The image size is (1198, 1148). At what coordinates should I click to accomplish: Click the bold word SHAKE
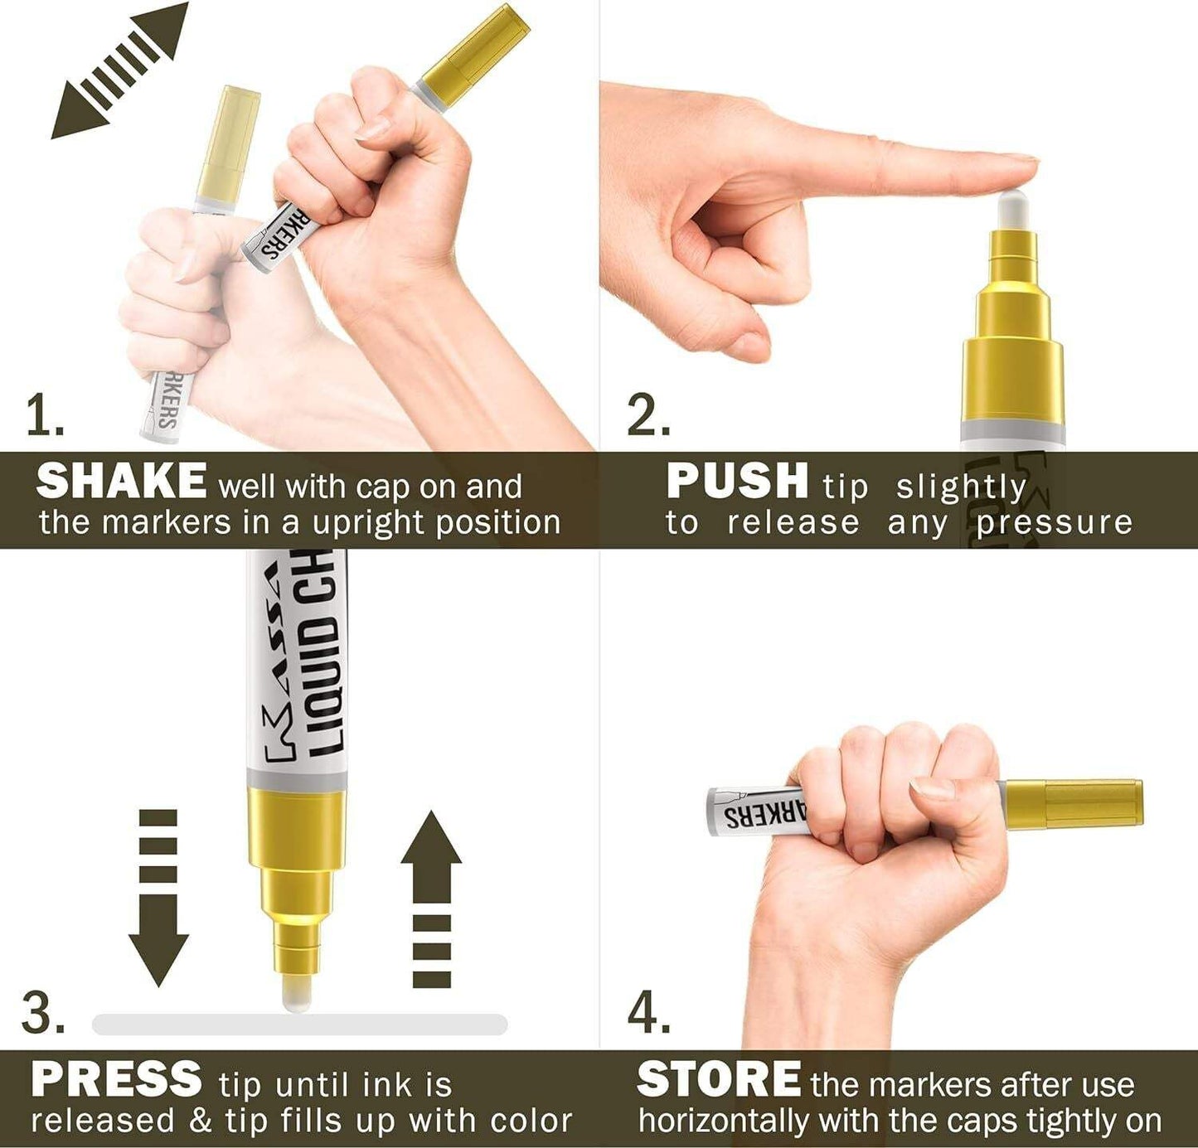point(121,481)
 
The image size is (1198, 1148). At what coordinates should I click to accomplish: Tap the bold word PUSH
point(737,481)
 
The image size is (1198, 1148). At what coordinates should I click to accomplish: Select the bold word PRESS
point(116,1078)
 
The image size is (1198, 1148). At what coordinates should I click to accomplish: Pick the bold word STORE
point(719,1078)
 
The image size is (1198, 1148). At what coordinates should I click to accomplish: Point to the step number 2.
point(648,415)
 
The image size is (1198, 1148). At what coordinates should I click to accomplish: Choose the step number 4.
point(648,1013)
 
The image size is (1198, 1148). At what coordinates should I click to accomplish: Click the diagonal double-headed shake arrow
point(119,70)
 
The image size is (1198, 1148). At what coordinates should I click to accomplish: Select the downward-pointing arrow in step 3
point(158,898)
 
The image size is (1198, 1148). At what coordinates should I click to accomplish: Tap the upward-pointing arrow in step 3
point(431,899)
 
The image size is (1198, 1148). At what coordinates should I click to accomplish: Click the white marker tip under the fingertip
point(1012,211)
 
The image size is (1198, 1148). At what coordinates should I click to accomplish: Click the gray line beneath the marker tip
point(300,1024)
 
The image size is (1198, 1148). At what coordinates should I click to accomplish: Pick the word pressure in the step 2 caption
point(1054,523)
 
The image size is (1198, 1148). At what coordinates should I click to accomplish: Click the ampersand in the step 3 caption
point(201,1121)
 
